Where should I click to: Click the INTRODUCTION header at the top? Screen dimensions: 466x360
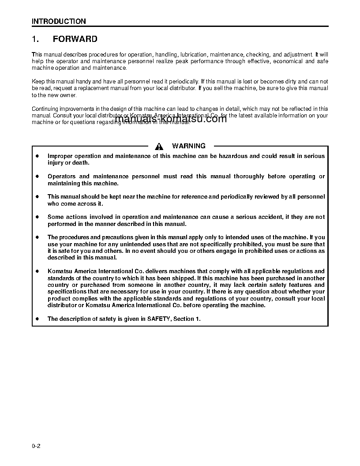(59, 21)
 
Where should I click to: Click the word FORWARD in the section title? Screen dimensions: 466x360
(75, 39)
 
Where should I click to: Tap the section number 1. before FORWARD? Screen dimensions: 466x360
(36, 39)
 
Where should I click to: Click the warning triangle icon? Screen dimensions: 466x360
(159, 147)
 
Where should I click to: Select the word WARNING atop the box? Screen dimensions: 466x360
(188, 146)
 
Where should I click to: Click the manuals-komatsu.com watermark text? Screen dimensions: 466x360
(170, 119)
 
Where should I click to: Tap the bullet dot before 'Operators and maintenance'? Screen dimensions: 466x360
(37, 177)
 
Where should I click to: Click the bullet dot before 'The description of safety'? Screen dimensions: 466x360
(37, 319)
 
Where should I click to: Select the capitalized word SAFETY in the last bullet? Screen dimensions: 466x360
(159, 319)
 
